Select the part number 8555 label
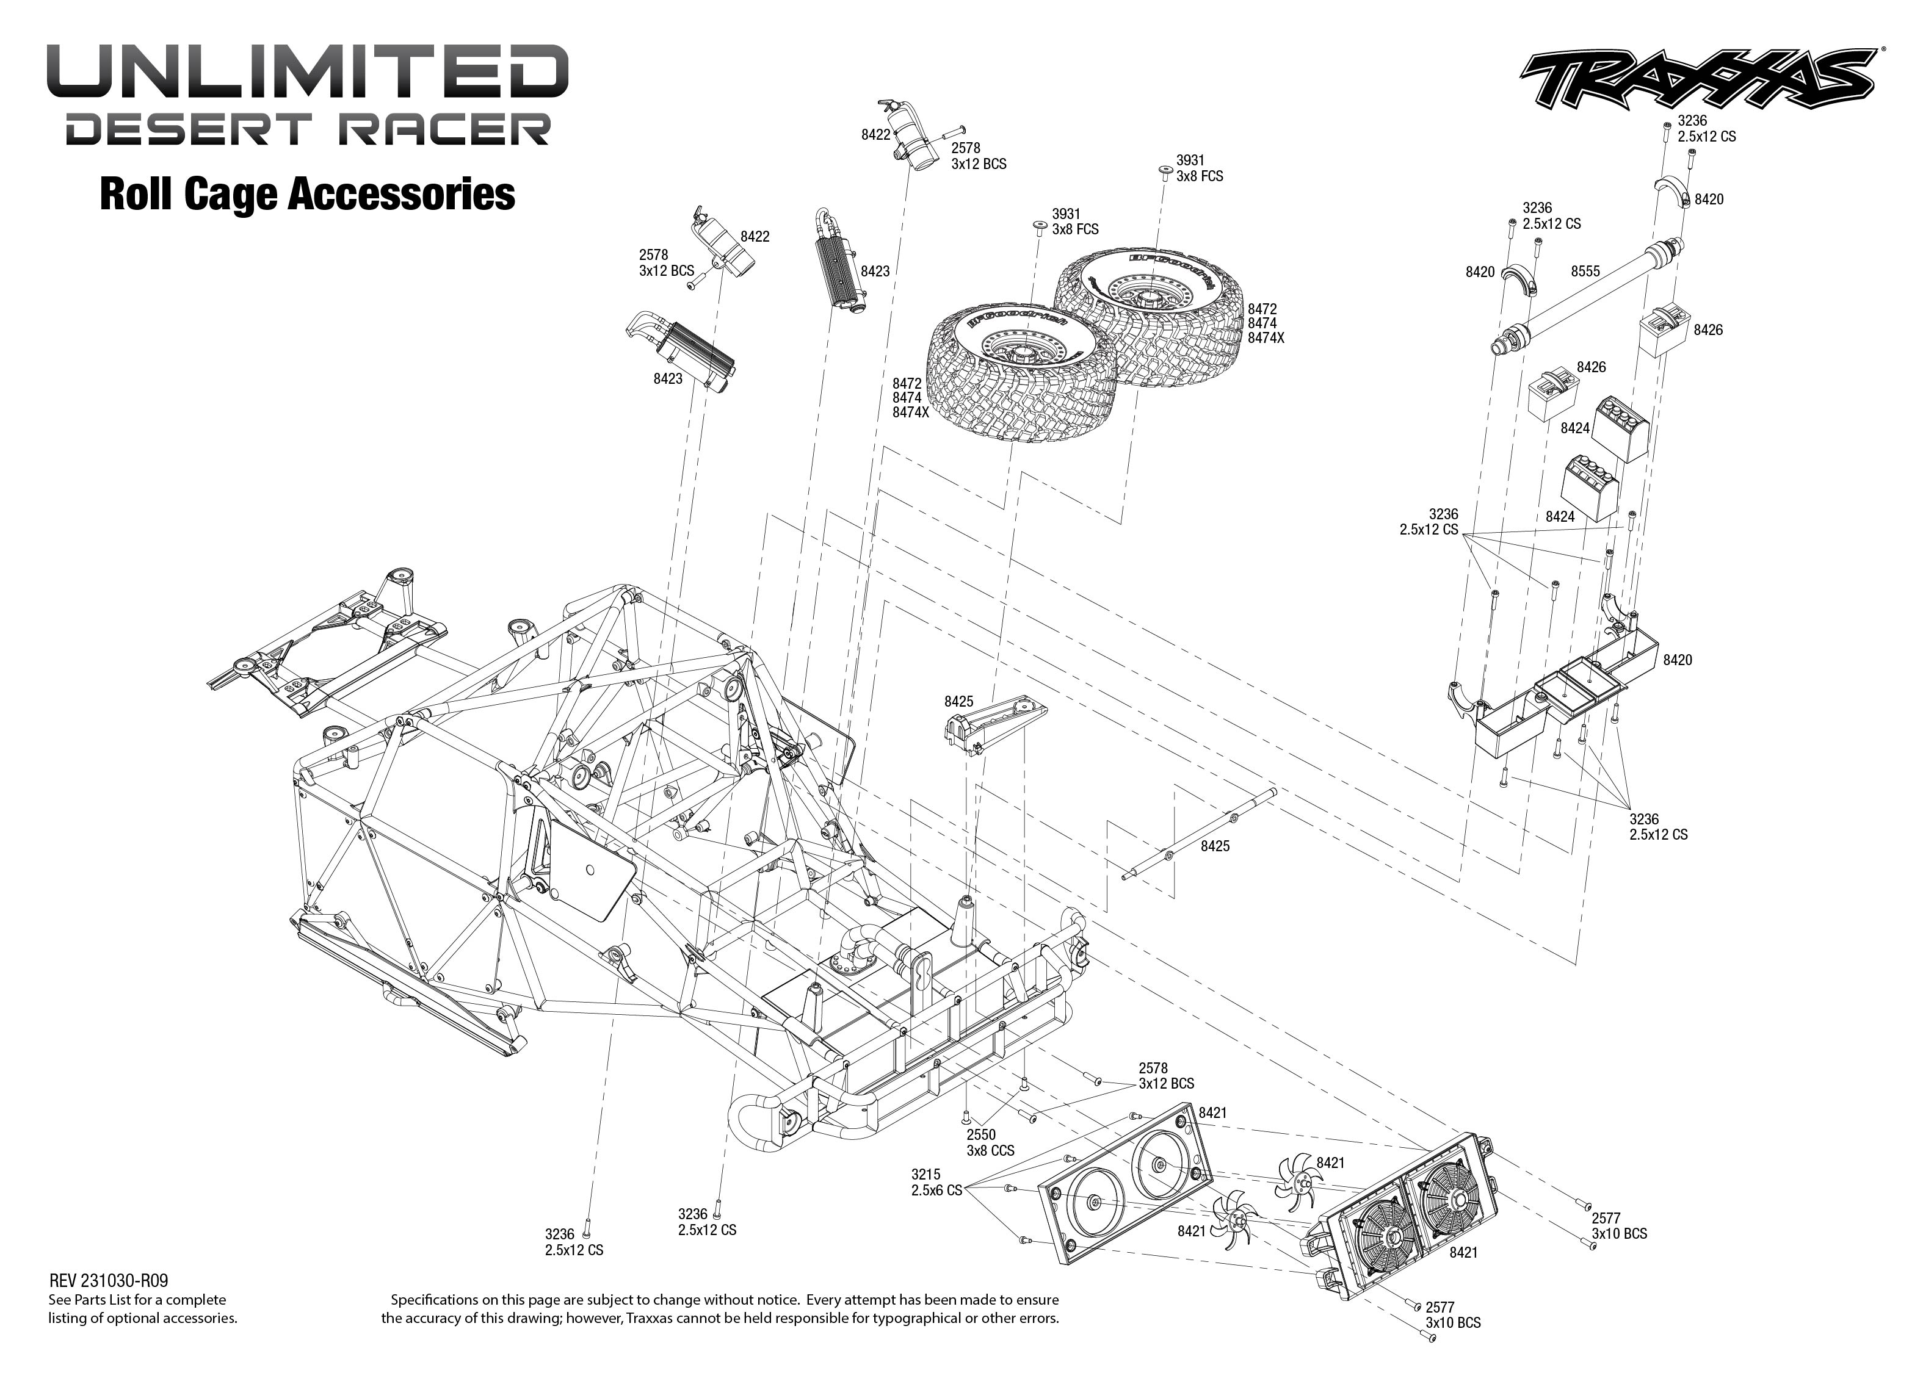coord(1585,272)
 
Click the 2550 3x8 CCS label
coord(990,1142)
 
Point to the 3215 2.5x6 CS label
coord(936,1182)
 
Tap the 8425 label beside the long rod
coord(1215,845)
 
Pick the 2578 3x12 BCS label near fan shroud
coord(1166,1075)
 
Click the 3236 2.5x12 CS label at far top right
coord(1706,129)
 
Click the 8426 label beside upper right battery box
coord(1708,330)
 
